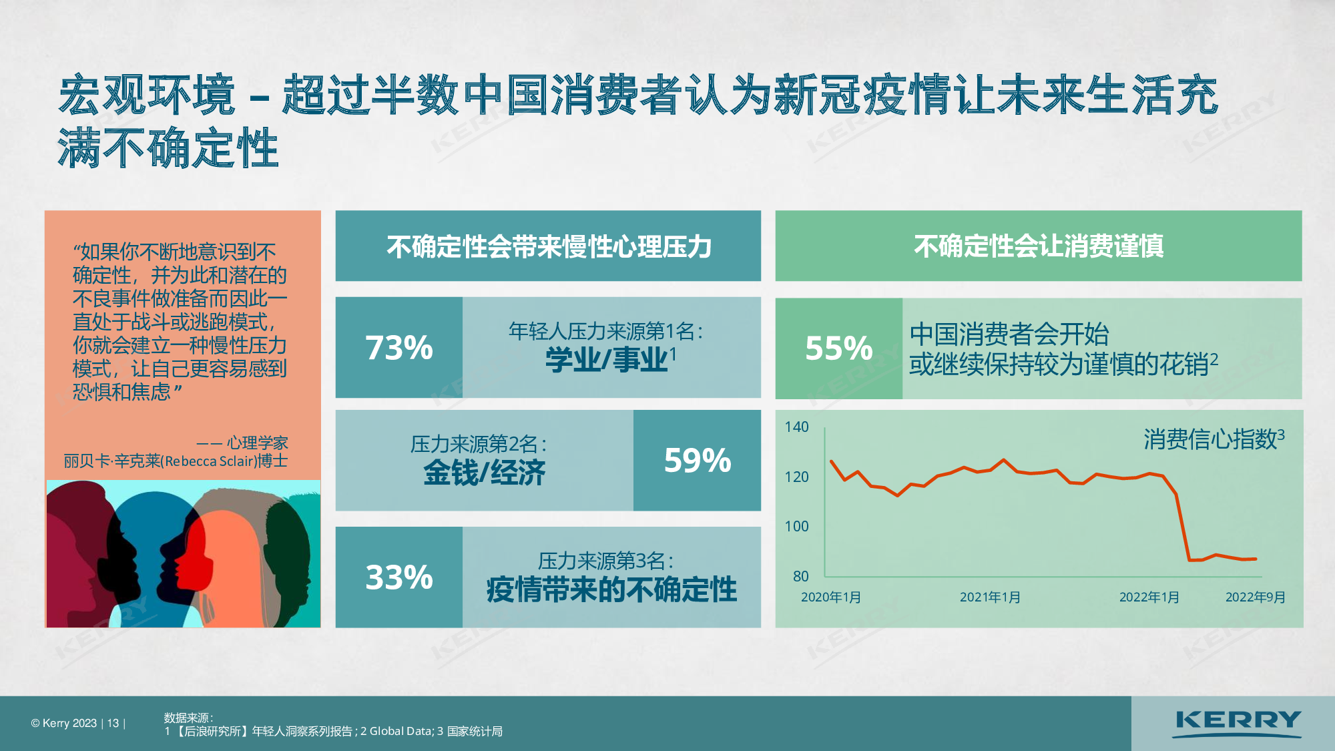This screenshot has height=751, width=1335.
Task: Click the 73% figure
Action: [399, 348]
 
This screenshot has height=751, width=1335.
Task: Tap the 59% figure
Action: [698, 461]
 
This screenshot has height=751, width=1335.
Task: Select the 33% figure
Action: [399, 577]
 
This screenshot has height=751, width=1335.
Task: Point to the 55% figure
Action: [839, 348]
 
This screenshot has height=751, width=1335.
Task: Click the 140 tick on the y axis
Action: [796, 427]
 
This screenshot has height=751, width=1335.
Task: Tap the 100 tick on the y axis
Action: [796, 527]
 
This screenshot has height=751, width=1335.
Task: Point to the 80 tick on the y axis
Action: [800, 576]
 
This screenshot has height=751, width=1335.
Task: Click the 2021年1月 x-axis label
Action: [990, 597]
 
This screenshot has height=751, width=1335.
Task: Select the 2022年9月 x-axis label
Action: [1255, 597]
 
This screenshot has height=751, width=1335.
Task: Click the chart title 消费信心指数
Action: [1210, 439]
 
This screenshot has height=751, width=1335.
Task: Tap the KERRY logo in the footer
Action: [1238, 724]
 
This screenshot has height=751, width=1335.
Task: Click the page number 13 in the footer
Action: [113, 724]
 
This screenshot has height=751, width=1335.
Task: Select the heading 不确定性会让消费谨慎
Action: [1039, 246]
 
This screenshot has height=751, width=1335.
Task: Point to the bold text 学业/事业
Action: [607, 360]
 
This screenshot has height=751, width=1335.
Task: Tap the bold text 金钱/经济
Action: [484, 473]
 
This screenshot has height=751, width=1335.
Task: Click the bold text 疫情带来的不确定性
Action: [611, 590]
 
